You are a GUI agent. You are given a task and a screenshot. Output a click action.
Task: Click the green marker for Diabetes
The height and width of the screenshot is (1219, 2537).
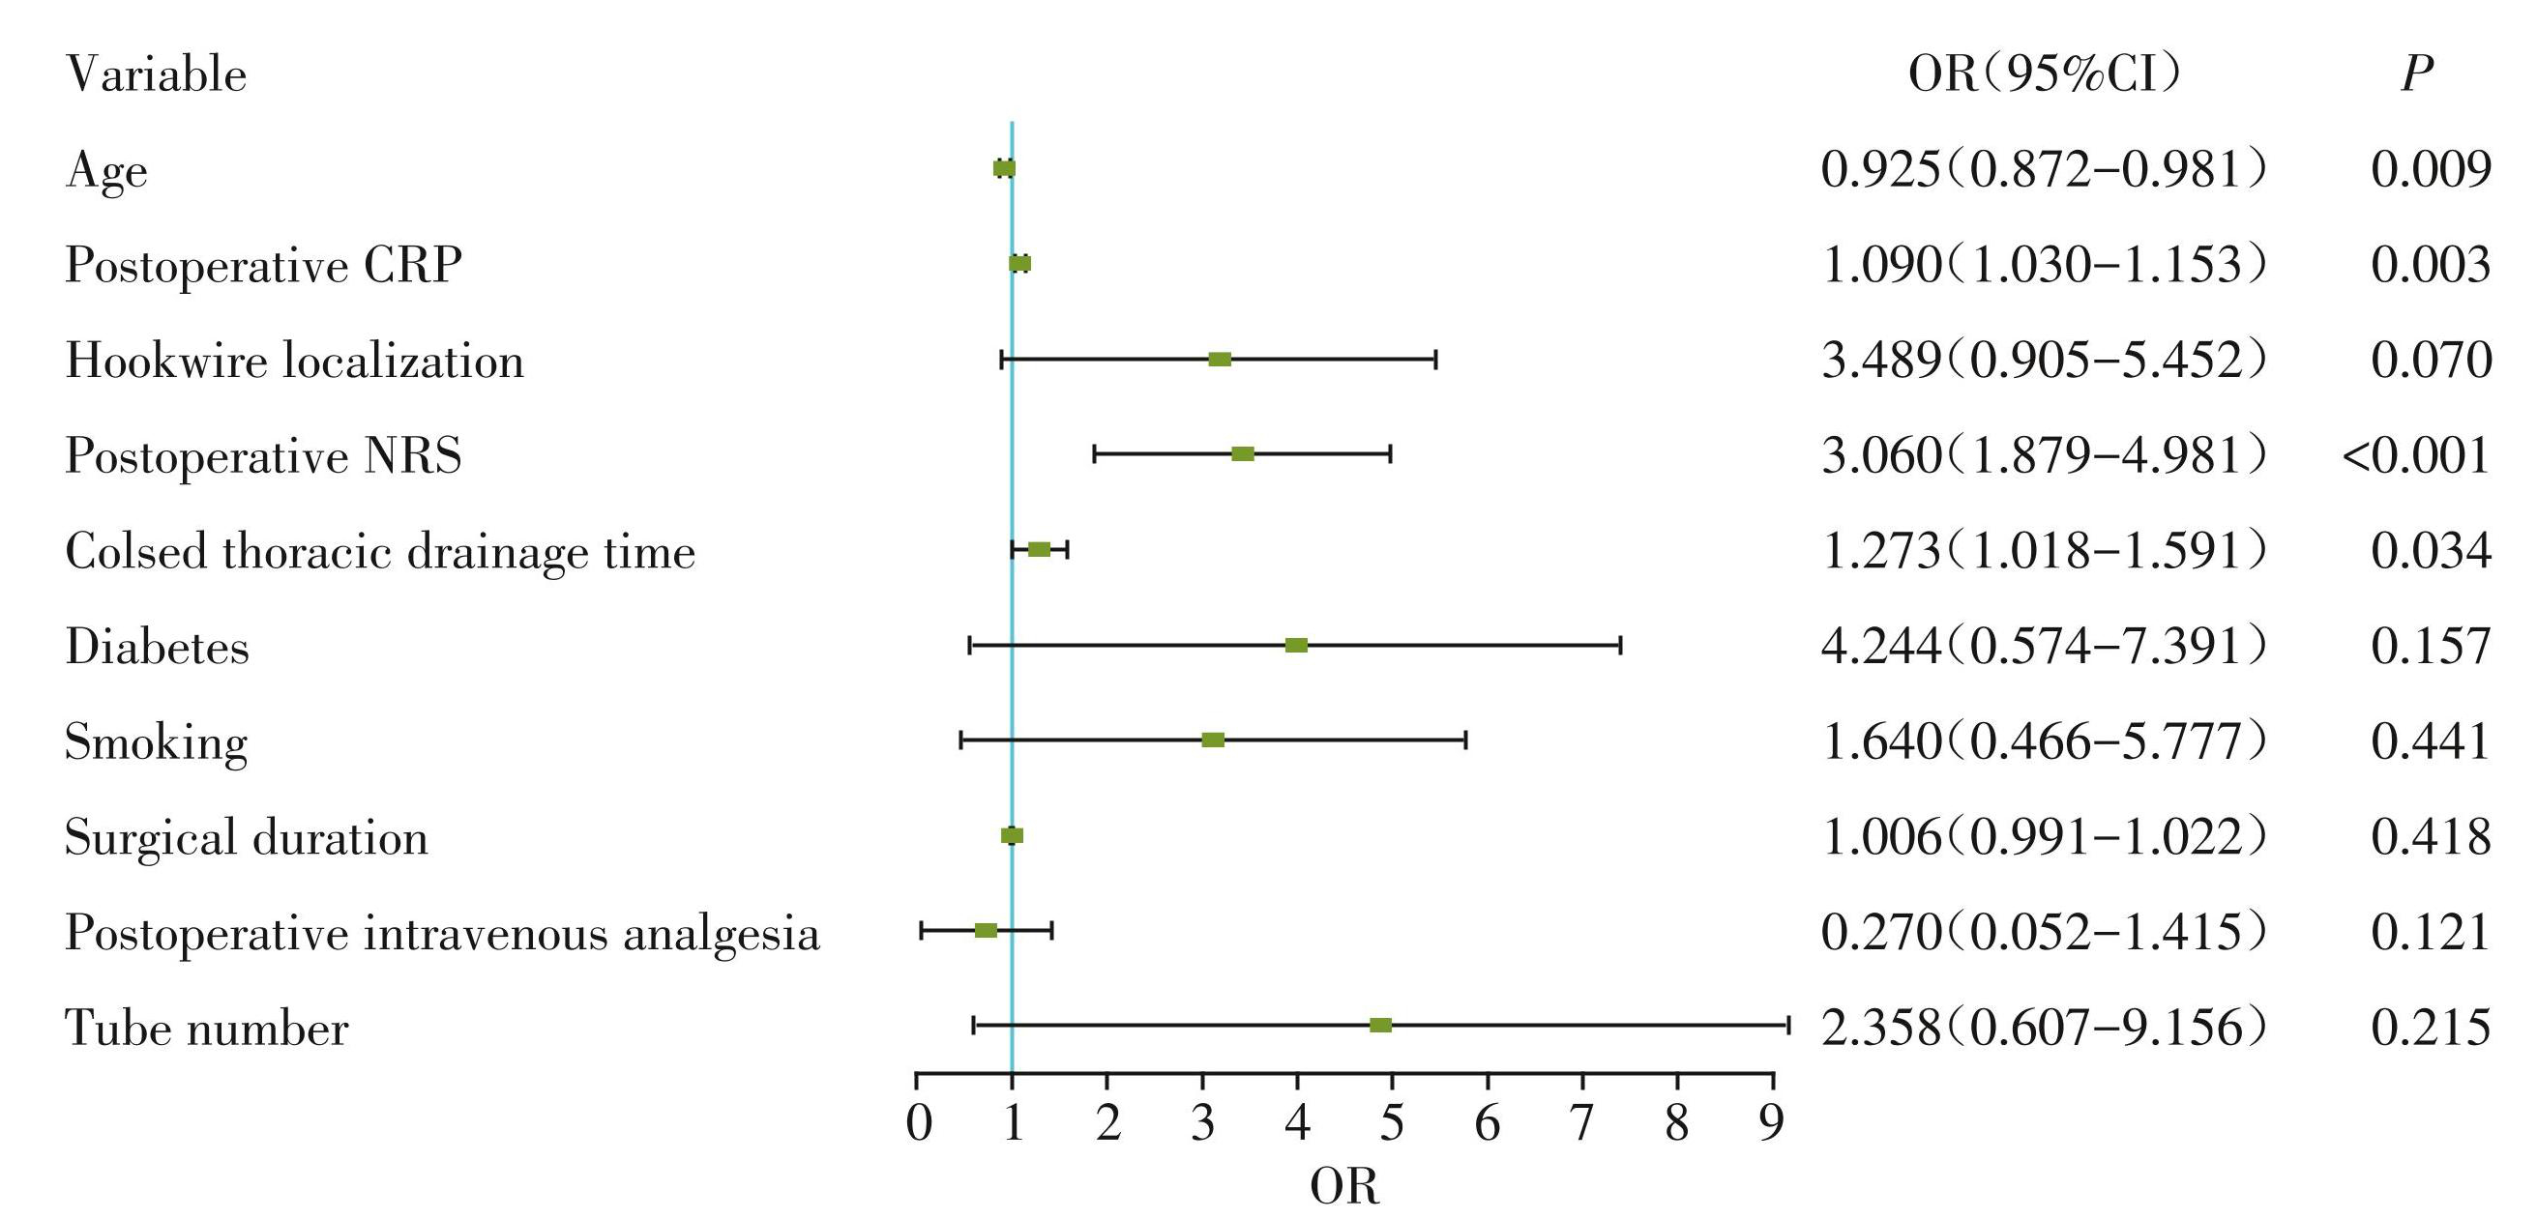click(1296, 645)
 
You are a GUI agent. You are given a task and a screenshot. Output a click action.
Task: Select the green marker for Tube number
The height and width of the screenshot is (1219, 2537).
click(1381, 1025)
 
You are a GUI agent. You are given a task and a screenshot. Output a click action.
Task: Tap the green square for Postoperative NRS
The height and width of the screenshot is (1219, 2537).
click(1243, 454)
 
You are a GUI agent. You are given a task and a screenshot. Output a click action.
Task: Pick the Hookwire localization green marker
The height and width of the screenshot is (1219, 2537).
click(1220, 360)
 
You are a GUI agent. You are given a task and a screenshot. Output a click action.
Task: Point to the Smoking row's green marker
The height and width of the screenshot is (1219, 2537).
click(1213, 740)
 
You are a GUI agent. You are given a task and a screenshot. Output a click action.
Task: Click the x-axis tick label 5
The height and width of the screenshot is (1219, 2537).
click(1392, 1123)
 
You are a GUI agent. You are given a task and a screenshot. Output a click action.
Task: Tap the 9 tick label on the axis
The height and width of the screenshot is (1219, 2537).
click(1772, 1123)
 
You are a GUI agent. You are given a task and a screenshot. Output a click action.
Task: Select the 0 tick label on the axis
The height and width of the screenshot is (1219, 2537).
click(918, 1123)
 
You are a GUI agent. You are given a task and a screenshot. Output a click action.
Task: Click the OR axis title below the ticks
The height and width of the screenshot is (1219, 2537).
click(1344, 1186)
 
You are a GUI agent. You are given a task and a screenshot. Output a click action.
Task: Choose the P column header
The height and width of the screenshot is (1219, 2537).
click(2416, 73)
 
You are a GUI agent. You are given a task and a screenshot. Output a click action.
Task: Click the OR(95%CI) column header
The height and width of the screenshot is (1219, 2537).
click(2045, 73)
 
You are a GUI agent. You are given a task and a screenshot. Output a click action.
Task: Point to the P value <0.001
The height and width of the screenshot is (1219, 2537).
click(2416, 456)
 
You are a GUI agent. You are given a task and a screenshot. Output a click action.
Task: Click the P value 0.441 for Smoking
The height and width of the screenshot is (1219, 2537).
click(2431, 741)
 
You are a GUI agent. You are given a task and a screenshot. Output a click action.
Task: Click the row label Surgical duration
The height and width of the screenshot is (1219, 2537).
click(247, 838)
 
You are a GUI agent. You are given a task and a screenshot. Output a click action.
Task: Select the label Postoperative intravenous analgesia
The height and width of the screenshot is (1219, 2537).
click(442, 933)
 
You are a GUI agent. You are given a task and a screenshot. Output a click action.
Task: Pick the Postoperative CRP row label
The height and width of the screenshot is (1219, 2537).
click(263, 265)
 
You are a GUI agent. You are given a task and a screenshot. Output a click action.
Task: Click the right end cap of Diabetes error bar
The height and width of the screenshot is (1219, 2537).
click(1620, 645)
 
